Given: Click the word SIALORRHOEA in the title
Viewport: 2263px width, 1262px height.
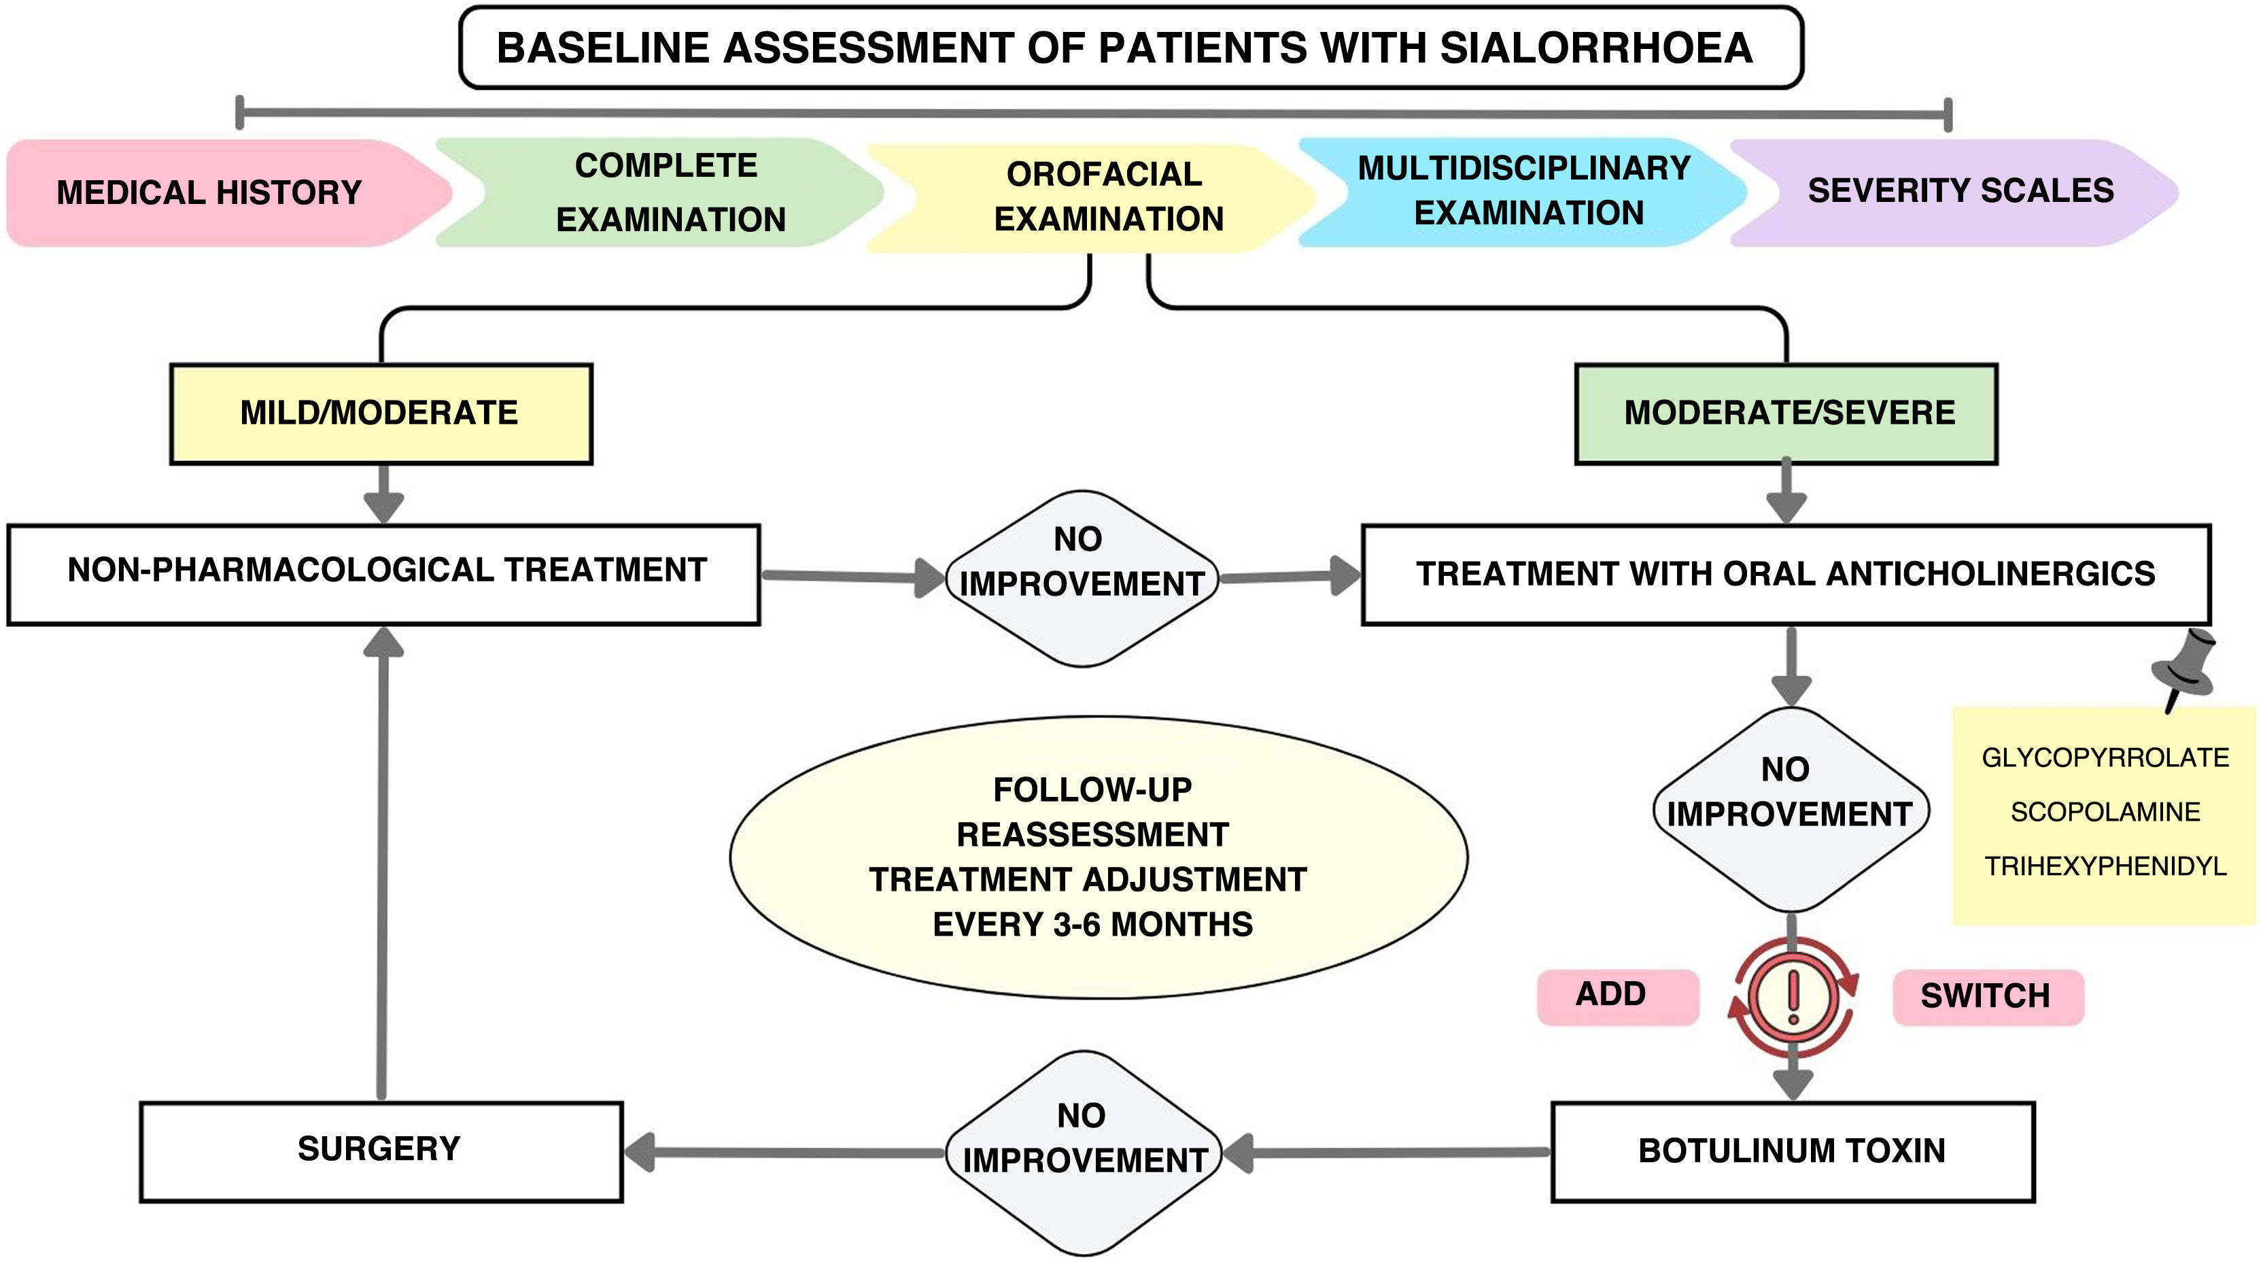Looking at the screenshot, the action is tap(1595, 48).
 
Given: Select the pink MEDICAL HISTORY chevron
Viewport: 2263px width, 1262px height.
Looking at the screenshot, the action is tap(228, 192).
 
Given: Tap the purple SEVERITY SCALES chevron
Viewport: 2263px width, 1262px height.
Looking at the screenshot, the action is tap(1954, 192).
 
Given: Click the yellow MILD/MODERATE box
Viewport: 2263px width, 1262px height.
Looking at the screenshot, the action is tap(381, 413).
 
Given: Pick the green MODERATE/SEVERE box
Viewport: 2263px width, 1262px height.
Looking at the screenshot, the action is tap(1786, 413).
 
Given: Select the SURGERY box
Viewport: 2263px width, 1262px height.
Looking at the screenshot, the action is tap(381, 1151).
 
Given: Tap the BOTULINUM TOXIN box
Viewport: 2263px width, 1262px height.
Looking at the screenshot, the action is tap(1793, 1151).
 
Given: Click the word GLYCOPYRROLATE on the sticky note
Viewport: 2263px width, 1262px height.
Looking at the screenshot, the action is tap(2105, 757).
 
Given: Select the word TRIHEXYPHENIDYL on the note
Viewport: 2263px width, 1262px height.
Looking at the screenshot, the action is tap(2105, 866).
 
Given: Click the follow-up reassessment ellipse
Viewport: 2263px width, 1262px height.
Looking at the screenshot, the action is tap(1098, 857).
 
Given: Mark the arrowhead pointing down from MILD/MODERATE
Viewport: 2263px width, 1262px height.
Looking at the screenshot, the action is tap(384, 508).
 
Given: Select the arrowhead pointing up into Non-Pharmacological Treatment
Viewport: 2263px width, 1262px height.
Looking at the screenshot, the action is tap(384, 643).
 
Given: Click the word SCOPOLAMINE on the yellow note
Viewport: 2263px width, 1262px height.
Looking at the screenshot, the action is tap(2105, 812).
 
